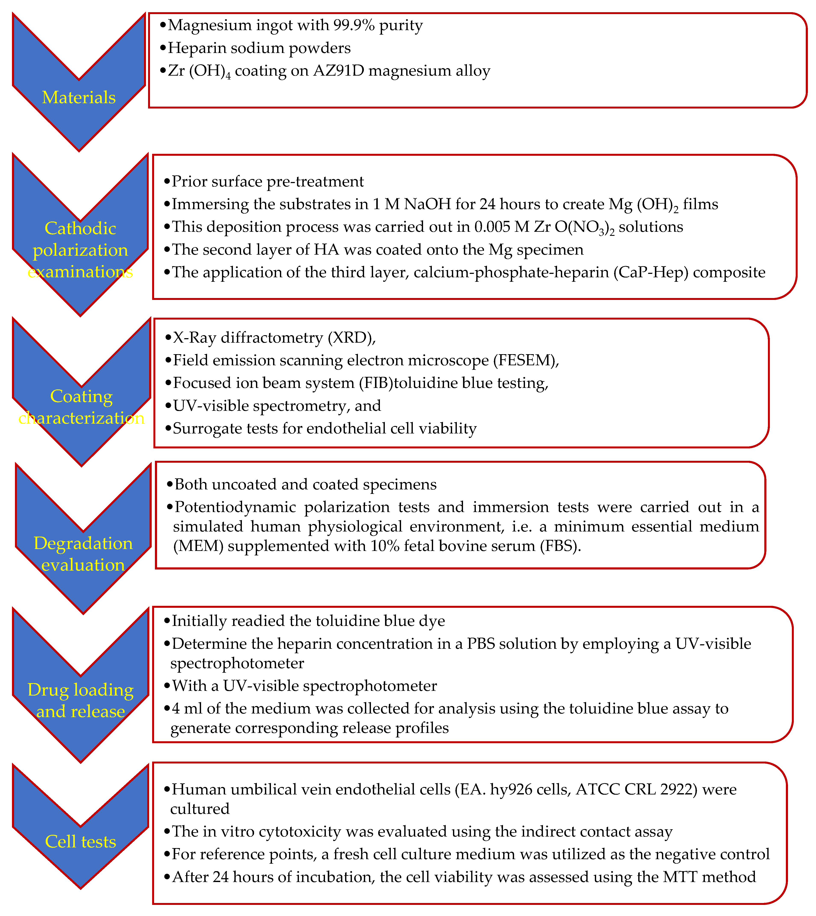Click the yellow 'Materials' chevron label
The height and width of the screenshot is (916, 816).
tap(79, 97)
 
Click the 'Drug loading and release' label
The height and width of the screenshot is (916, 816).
tap(81, 700)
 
